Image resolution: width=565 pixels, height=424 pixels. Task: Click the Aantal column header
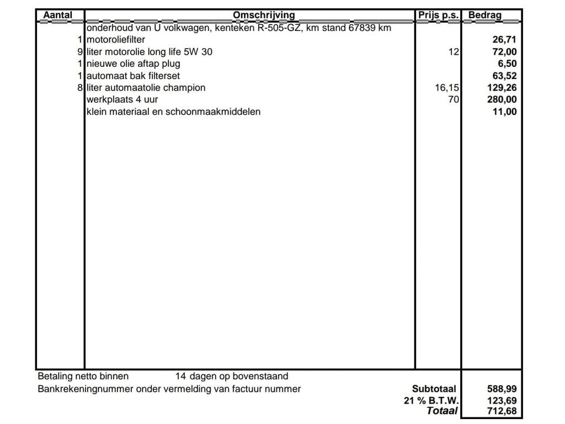tap(57, 15)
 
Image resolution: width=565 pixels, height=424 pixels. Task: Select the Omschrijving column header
tap(264, 15)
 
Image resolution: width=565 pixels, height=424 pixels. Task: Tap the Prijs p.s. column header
tap(438, 15)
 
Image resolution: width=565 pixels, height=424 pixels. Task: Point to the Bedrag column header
tap(485, 15)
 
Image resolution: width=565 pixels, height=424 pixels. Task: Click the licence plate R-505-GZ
tap(279, 28)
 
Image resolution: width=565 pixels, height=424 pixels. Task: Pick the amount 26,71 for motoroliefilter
tap(504, 40)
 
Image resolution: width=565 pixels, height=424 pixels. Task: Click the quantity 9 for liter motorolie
tap(80, 52)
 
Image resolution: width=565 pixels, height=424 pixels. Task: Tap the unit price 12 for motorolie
tap(454, 52)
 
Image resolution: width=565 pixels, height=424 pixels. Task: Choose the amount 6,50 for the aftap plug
tap(507, 63)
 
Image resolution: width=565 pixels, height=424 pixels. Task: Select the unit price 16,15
tap(447, 88)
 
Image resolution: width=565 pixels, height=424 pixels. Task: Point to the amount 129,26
tap(502, 88)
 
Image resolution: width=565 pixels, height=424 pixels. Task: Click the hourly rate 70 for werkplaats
tap(454, 100)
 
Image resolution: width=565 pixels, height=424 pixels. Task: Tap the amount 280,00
tap(502, 100)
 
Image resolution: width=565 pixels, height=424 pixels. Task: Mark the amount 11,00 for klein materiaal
tap(504, 112)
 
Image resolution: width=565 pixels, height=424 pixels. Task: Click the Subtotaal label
tap(435, 389)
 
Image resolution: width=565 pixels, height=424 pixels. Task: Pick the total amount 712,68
tap(502, 411)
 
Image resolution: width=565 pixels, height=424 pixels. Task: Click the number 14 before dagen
tap(180, 377)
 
